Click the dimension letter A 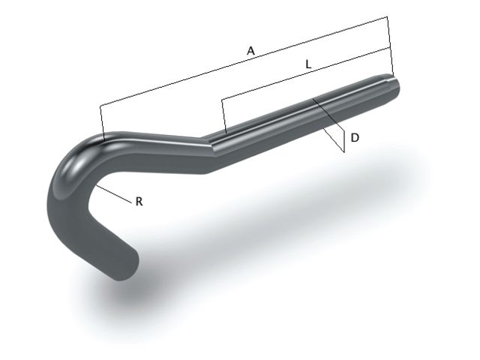(251, 50)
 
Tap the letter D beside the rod (355, 138)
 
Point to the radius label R (139, 202)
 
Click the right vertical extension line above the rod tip (390, 45)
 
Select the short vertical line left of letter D (343, 142)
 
